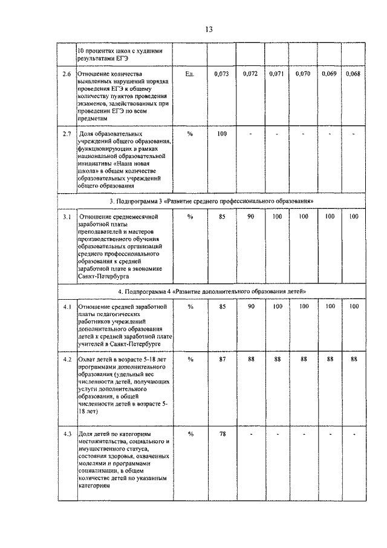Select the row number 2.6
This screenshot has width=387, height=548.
(67, 74)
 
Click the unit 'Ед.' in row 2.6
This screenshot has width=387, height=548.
(190, 74)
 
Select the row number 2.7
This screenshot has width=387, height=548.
(67, 133)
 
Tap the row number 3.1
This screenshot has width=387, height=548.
(67, 216)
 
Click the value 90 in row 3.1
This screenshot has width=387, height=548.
(250, 216)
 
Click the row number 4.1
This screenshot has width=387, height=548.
(67, 307)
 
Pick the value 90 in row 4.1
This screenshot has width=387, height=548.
(250, 307)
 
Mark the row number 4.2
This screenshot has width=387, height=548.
(67, 359)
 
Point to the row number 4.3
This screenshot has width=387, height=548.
(67, 434)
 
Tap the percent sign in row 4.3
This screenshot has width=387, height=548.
(190, 434)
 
